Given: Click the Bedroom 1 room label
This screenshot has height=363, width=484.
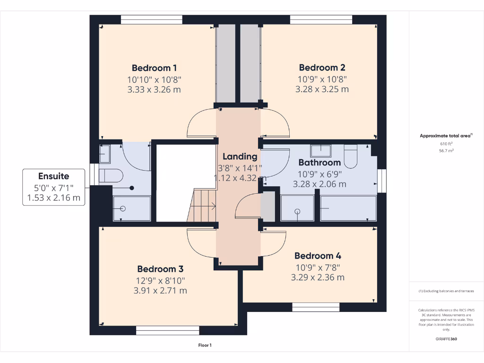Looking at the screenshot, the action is (154, 68).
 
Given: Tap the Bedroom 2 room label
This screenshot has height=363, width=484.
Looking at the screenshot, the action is (322, 68).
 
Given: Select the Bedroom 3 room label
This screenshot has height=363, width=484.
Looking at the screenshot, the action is (160, 269).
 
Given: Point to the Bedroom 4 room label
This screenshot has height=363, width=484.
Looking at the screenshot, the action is (318, 256).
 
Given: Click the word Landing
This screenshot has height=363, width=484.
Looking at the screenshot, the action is (240, 157).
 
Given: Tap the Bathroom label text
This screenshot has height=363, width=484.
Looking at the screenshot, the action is (320, 163).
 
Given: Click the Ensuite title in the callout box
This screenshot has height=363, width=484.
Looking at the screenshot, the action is (54, 176).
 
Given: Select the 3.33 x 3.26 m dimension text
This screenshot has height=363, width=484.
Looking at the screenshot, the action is (154, 90).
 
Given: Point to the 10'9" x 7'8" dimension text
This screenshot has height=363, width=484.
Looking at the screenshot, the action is (318, 268).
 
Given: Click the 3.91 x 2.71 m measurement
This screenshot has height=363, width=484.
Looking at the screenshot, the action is (160, 291).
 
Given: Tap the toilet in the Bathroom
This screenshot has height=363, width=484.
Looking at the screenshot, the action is (350, 156).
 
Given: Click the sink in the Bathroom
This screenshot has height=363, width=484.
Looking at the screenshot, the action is (321, 150).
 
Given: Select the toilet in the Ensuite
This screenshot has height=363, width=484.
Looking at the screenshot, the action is (111, 176).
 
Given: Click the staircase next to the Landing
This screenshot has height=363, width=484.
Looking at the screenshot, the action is (201, 206).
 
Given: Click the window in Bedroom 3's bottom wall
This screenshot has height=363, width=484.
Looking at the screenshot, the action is (168, 330).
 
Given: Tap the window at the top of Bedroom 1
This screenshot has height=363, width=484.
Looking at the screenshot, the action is (152, 19).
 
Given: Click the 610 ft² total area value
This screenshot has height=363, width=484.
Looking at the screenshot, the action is (446, 144).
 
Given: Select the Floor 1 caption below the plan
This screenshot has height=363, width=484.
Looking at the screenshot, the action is (205, 345).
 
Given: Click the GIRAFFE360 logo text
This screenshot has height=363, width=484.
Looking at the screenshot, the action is (446, 339).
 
